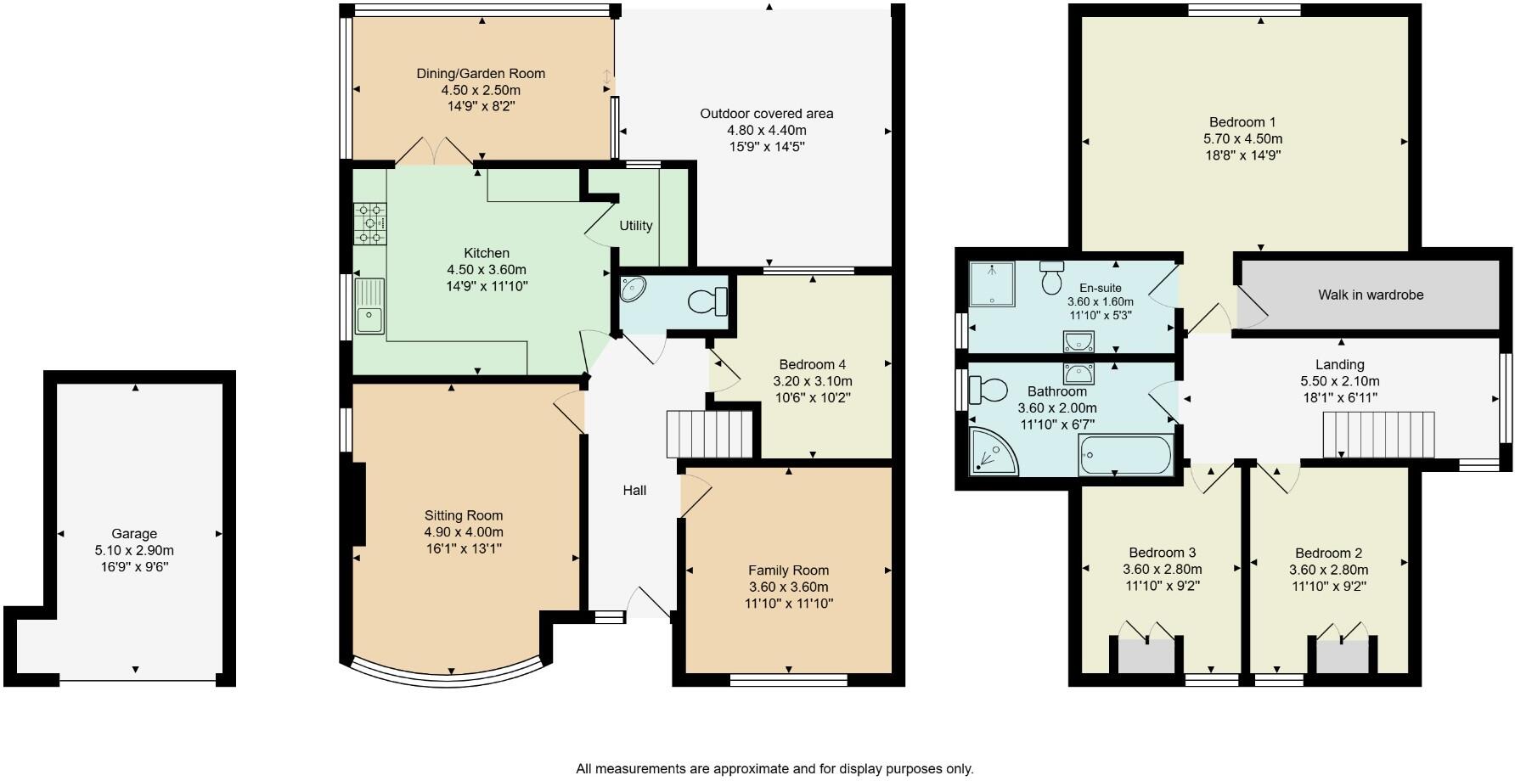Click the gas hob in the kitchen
369,223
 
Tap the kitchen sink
369,306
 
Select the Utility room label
635,226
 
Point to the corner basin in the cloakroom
633,290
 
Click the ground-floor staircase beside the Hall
710,434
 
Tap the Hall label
634,491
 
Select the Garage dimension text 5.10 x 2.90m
134,550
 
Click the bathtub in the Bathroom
1125,456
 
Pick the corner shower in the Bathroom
991,451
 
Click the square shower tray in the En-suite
993,284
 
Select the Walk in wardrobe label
1371,295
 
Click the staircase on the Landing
1378,434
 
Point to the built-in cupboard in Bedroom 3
1146,655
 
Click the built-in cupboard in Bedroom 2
1343,655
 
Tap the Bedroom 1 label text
1242,122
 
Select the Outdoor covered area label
766,114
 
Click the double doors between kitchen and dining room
433,153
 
